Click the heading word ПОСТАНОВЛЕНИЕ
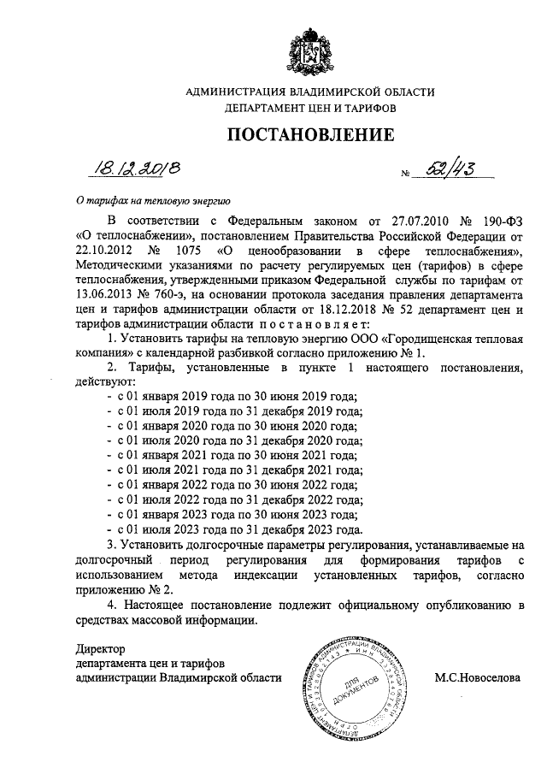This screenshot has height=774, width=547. coord(310,134)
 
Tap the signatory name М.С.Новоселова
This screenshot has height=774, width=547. coord(477,677)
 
